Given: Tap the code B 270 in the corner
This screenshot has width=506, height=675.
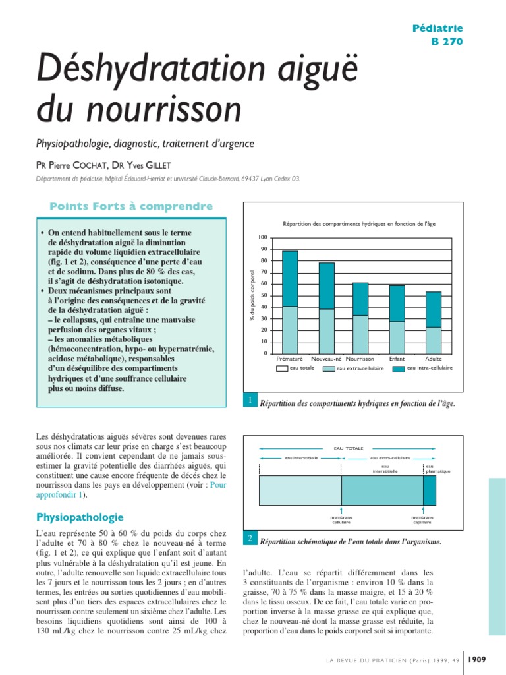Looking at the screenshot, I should [x=447, y=41].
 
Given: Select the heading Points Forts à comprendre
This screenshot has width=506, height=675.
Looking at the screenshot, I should [x=131, y=207].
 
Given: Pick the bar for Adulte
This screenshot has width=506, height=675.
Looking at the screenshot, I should [x=434, y=322].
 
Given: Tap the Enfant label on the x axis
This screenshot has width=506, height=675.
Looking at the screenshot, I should [x=397, y=359].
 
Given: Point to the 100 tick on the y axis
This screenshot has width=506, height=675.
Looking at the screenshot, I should [x=262, y=237].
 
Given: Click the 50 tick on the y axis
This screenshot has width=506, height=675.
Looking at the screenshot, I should [x=264, y=295].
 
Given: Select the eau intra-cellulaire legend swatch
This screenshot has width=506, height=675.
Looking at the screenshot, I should [x=399, y=368].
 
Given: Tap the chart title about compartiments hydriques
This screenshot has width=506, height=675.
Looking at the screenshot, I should [x=359, y=224].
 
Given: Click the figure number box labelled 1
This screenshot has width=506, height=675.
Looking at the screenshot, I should [x=250, y=401].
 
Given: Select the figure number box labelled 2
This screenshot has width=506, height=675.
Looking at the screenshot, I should [x=250, y=539].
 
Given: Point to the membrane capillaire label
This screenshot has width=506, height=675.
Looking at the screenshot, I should [x=422, y=520].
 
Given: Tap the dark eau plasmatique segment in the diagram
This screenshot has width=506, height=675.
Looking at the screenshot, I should [x=429, y=490].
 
